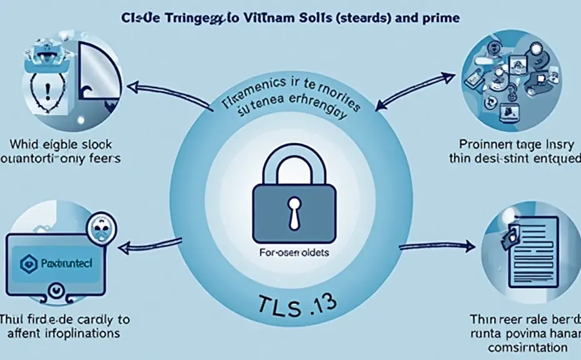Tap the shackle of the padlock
pos(290,164)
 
